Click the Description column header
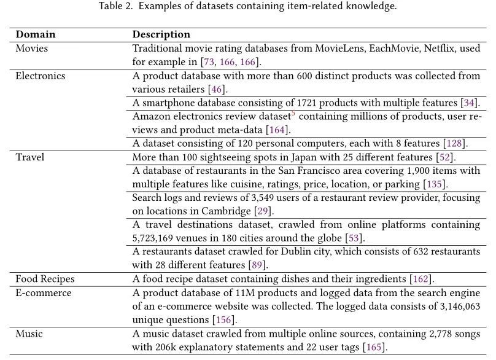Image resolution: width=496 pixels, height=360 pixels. pyautogui.click(x=161, y=34)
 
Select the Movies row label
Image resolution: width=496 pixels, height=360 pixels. pyautogui.click(x=31, y=47)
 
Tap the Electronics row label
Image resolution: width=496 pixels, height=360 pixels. pyautogui.click(x=41, y=76)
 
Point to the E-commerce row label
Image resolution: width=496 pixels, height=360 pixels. pyautogui.click(x=43, y=293)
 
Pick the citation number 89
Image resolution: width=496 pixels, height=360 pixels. pyautogui.click(x=255, y=265)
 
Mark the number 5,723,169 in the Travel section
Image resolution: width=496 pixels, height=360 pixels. pyautogui.click(x=157, y=238)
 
